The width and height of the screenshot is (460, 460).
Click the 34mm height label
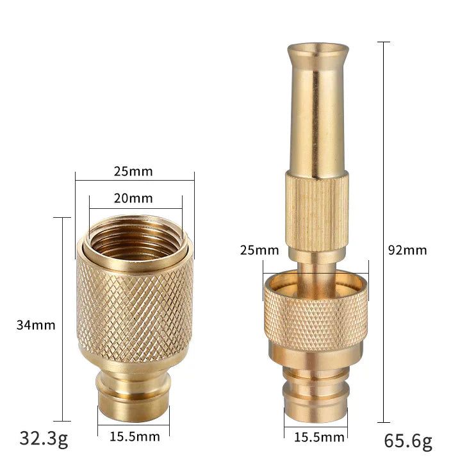(36, 325)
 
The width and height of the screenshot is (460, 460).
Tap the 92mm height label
(407, 250)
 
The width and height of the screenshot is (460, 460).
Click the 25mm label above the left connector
(135, 172)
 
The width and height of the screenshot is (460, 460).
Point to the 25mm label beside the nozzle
(259, 250)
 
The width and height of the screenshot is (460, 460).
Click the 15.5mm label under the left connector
(135, 437)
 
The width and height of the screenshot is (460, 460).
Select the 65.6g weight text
(408, 441)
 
